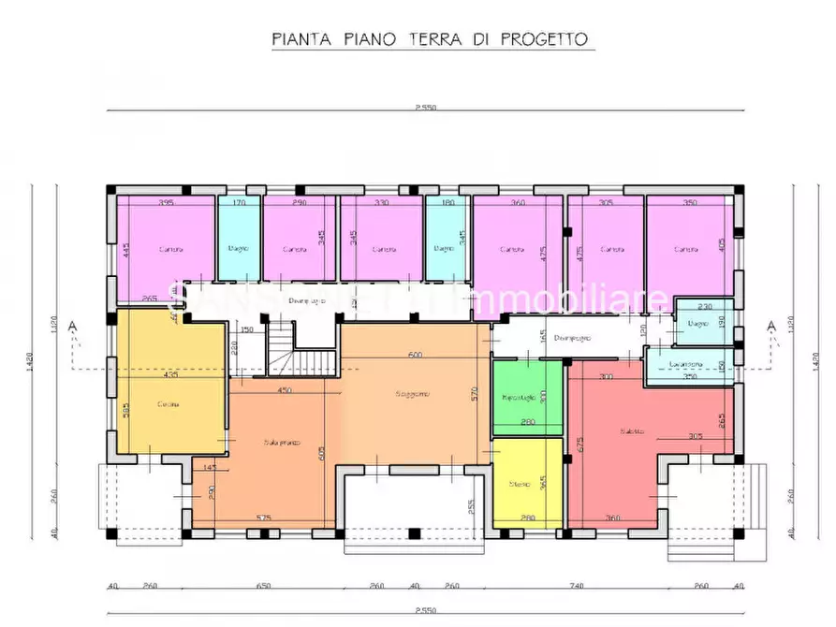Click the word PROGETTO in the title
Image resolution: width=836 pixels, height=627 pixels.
pyautogui.click(x=544, y=39)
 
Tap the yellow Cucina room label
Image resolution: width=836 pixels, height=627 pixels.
pyautogui.click(x=168, y=403)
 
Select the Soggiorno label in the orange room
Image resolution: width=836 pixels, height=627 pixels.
pyautogui.click(x=413, y=394)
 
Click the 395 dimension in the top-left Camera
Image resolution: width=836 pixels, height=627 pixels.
pyautogui.click(x=167, y=202)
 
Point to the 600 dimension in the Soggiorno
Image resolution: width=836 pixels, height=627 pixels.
pyautogui.click(x=414, y=355)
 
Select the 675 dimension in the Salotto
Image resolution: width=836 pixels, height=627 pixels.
pyautogui.click(x=579, y=445)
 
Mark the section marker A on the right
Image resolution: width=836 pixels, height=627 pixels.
pyautogui.click(x=770, y=326)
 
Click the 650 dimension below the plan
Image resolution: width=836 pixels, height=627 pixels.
pyautogui.click(x=263, y=586)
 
